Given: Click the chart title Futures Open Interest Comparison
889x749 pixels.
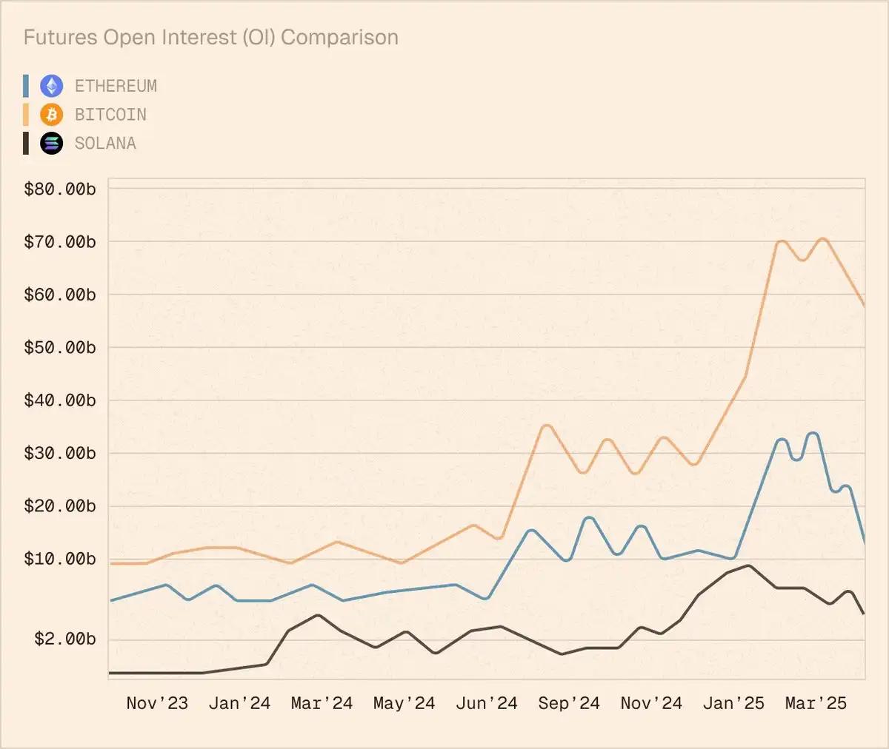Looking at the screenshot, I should (211, 38).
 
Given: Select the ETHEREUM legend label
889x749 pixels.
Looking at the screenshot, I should (116, 87).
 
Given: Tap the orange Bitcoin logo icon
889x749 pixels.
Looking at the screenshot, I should (51, 115).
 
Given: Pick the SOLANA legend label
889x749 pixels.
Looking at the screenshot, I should (105, 144).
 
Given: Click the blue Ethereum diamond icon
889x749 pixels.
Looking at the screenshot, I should (51, 87).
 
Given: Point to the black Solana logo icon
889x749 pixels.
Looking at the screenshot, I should (51, 144).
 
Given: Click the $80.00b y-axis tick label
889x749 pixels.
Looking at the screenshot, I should (60, 189).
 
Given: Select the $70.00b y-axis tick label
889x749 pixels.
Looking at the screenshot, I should (60, 242).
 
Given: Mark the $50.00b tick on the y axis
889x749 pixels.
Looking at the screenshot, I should (60, 347).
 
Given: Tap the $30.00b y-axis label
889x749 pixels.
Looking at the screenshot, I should (60, 453).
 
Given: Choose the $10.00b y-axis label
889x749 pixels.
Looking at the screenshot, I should (60, 559).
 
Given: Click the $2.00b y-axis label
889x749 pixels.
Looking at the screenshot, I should (65, 639).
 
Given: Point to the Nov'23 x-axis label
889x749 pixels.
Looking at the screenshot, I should (157, 703).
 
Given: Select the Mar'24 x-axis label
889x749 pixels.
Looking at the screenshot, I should (322, 703).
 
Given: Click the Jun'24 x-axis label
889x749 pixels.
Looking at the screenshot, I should (486, 703).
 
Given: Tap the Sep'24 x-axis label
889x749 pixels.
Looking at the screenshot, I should (569, 703).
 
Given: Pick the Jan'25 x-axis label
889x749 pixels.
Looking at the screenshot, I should (733, 703).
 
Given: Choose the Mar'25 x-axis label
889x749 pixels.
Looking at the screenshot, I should (816, 703).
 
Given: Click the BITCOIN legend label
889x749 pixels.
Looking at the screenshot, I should (110, 115).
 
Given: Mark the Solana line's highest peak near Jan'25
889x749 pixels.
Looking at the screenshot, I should (749, 566).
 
